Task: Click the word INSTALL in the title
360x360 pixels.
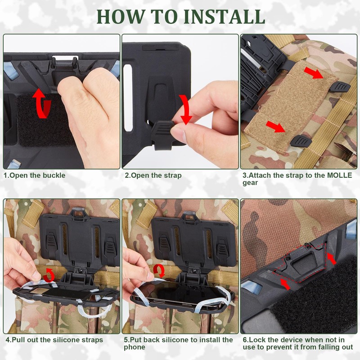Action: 224,17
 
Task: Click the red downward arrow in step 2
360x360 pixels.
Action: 185,109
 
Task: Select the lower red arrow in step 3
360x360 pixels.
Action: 276,127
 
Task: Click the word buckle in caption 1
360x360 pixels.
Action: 54,175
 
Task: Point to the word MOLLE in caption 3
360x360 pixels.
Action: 339,175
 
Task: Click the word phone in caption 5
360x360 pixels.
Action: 135,347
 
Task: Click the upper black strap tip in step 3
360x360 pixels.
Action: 340,87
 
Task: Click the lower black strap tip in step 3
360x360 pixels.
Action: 301,141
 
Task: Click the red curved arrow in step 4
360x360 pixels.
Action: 49,274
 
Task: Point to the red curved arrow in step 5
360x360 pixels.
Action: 159,270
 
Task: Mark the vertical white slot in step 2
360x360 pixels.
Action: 128,98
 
